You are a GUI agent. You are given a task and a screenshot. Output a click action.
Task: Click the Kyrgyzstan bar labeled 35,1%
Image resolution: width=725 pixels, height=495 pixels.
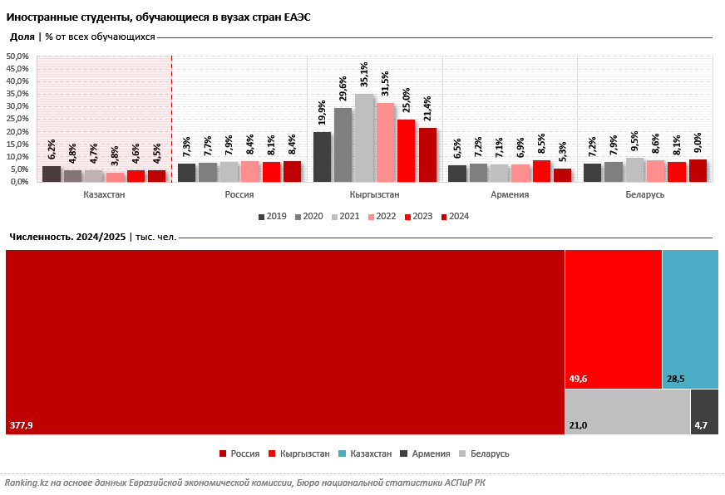(x=364, y=138)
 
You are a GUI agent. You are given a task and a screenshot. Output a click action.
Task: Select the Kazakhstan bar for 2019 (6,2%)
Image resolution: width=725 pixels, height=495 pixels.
(x=52, y=174)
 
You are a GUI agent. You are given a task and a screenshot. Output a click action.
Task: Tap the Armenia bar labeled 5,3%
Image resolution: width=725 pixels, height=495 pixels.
(x=562, y=175)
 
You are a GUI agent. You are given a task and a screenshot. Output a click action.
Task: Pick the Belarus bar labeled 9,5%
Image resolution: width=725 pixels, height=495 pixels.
(x=634, y=169)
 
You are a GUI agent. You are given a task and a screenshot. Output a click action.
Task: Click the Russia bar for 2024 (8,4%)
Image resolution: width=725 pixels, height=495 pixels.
(x=292, y=171)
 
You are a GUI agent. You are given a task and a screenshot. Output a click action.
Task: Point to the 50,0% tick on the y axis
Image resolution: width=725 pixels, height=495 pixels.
(x=18, y=56)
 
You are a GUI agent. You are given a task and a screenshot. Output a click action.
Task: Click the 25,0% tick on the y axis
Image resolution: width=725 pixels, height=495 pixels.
(x=18, y=119)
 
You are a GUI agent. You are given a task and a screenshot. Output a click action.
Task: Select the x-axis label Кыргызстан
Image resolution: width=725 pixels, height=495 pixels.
(x=375, y=194)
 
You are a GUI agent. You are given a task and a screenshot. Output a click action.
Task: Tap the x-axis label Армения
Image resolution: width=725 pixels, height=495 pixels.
(x=510, y=194)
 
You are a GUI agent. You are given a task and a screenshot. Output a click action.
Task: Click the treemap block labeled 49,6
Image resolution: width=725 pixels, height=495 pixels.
(x=613, y=319)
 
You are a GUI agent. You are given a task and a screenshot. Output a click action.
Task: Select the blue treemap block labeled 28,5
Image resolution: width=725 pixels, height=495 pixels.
(x=690, y=319)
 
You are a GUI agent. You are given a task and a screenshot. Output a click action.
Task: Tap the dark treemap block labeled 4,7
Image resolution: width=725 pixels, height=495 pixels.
(x=704, y=411)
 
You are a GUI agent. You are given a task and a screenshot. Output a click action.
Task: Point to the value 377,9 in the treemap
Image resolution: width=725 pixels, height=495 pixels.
(x=21, y=425)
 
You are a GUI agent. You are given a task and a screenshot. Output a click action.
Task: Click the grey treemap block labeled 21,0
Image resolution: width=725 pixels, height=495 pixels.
(x=627, y=411)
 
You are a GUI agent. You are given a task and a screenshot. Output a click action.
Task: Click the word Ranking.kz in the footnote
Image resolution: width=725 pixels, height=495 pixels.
(x=27, y=483)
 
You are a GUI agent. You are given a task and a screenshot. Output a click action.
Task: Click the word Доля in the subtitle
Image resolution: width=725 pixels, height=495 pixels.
(x=22, y=37)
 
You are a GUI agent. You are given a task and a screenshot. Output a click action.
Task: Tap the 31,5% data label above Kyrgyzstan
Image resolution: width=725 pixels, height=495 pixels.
(x=385, y=84)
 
